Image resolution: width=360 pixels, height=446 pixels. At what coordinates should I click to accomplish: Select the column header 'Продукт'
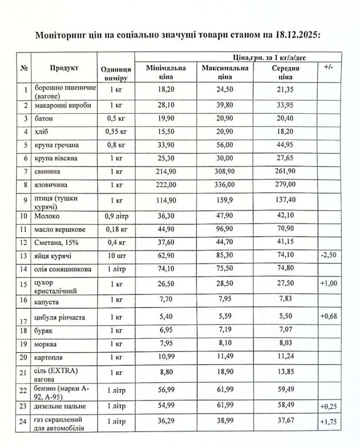[x=64, y=68]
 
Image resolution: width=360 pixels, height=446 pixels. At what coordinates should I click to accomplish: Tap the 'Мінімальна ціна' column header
[x=166, y=72]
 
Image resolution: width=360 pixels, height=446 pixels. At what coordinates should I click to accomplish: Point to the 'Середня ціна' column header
[x=286, y=72]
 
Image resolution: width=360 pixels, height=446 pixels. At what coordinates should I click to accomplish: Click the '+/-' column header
[x=329, y=67]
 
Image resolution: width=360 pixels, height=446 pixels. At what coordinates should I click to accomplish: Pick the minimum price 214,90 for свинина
[x=166, y=171]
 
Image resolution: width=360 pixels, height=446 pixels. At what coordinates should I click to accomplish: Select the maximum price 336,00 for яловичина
[x=225, y=184]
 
